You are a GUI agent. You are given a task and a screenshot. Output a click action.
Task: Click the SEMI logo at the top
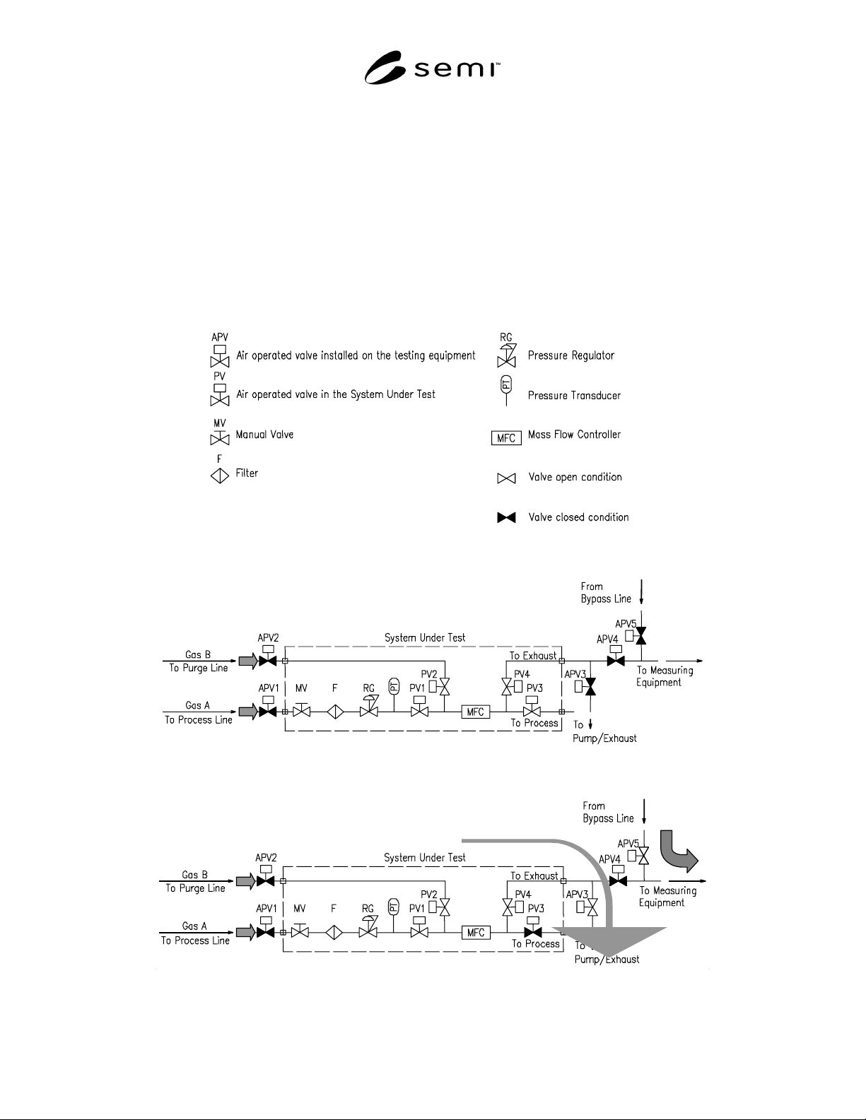(x=432, y=68)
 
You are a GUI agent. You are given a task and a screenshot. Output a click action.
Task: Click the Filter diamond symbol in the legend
(x=220, y=476)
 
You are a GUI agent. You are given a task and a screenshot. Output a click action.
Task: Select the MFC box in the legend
(x=506, y=438)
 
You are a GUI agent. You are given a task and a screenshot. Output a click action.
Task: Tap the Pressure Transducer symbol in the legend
(x=506, y=391)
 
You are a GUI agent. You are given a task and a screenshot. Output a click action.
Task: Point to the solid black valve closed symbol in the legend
(x=506, y=517)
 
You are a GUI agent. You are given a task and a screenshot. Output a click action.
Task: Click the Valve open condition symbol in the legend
(x=506, y=479)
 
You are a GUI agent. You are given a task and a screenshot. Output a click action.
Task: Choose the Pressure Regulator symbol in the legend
(x=506, y=356)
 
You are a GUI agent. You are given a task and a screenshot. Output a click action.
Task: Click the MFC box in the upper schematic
(x=475, y=712)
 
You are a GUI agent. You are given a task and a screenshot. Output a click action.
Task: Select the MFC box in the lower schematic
(x=476, y=932)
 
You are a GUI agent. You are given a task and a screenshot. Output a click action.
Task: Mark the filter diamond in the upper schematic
(x=335, y=712)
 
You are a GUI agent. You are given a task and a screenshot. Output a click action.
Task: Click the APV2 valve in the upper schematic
(x=267, y=656)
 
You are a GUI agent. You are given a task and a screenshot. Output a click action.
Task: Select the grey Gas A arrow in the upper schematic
(x=248, y=712)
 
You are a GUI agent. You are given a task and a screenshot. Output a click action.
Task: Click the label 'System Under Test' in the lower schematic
(x=425, y=858)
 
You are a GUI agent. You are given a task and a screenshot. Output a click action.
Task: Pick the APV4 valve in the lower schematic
(x=618, y=877)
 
